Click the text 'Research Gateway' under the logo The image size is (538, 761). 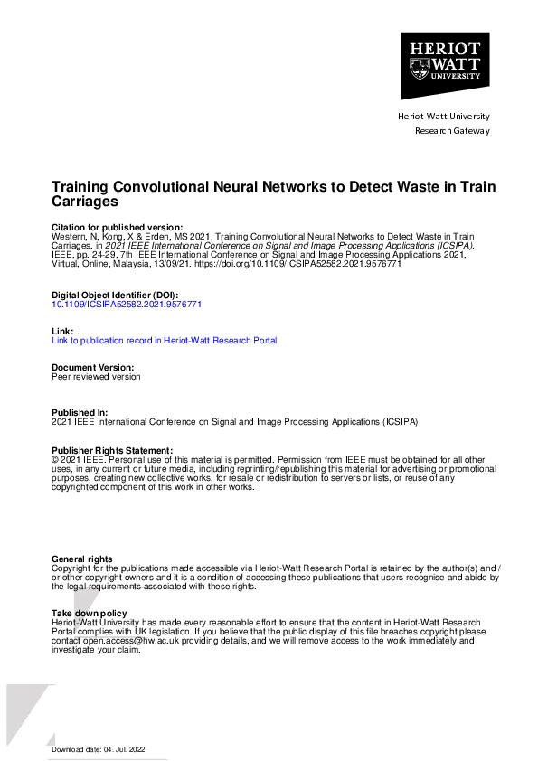[451, 131]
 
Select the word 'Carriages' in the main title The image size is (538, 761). [85, 202]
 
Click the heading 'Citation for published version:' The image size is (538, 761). [117, 227]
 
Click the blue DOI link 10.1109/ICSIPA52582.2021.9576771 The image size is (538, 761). [127, 305]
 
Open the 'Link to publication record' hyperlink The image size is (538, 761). [164, 341]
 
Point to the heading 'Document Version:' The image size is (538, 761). [93, 368]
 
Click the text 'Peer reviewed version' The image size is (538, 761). [96, 377]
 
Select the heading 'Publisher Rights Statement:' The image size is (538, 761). [111, 450]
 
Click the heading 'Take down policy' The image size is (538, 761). [89, 614]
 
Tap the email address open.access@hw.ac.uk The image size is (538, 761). [117, 641]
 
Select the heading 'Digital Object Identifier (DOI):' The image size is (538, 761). [115, 296]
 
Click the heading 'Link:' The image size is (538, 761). [61, 332]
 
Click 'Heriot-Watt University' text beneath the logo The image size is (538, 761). [444, 117]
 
